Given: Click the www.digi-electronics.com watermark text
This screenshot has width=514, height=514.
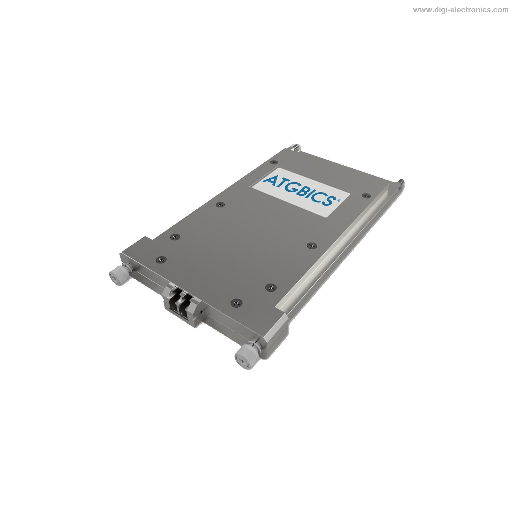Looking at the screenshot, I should point(461,10).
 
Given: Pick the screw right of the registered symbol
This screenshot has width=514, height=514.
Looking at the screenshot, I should point(365,196).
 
